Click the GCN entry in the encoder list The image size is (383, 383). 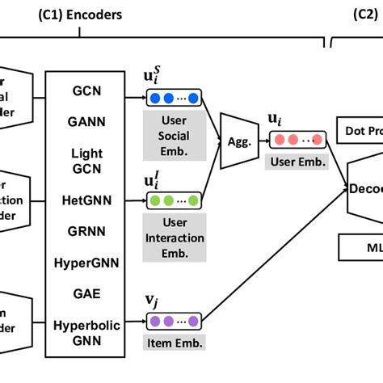pos(86,90)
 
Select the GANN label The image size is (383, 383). pos(86,122)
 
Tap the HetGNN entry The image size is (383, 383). pos(86,199)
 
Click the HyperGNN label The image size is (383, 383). pos(86,262)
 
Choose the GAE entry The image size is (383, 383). pos(86,293)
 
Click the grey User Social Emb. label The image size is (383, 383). pos(172,134)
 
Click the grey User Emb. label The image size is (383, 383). pos(297,161)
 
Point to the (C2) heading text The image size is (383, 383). pos(367,15)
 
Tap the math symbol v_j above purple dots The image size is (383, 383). pos(151,300)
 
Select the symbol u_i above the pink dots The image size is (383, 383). pos(276,119)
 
